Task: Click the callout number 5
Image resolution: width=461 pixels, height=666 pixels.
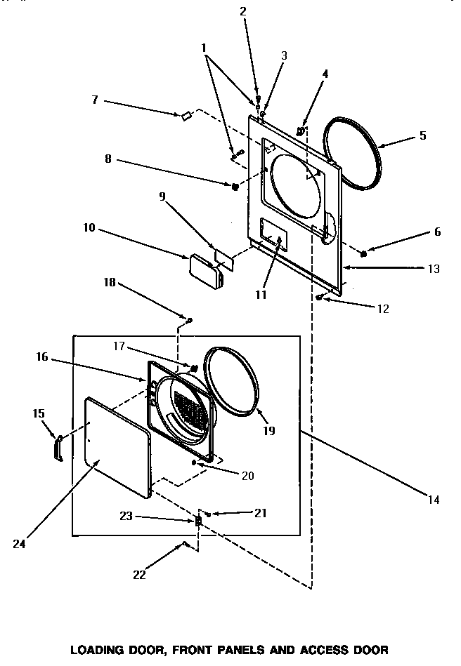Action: click(x=422, y=135)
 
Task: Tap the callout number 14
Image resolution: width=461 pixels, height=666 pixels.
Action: click(x=434, y=500)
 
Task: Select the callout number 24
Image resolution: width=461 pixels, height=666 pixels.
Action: click(x=19, y=544)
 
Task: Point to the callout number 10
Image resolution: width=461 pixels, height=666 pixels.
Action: click(x=89, y=227)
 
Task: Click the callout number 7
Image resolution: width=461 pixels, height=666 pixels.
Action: click(x=95, y=100)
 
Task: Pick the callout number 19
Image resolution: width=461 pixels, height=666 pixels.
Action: click(x=269, y=431)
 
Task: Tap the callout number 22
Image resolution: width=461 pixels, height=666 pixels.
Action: click(x=139, y=575)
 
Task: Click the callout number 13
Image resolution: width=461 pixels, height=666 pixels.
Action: click(x=434, y=269)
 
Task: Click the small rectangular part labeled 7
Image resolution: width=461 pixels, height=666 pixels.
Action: click(x=186, y=115)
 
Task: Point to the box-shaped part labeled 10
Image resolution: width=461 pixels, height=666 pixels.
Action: click(x=207, y=272)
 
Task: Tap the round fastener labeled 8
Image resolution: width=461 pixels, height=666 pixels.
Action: click(x=235, y=186)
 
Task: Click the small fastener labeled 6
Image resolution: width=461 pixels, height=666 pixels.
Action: click(x=363, y=254)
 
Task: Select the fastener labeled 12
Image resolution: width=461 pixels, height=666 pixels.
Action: click(x=319, y=298)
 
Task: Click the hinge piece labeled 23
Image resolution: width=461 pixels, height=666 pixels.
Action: click(x=198, y=521)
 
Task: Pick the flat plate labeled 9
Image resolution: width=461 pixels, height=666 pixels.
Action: click(x=224, y=260)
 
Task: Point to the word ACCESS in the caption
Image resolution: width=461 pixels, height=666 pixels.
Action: click(x=325, y=650)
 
